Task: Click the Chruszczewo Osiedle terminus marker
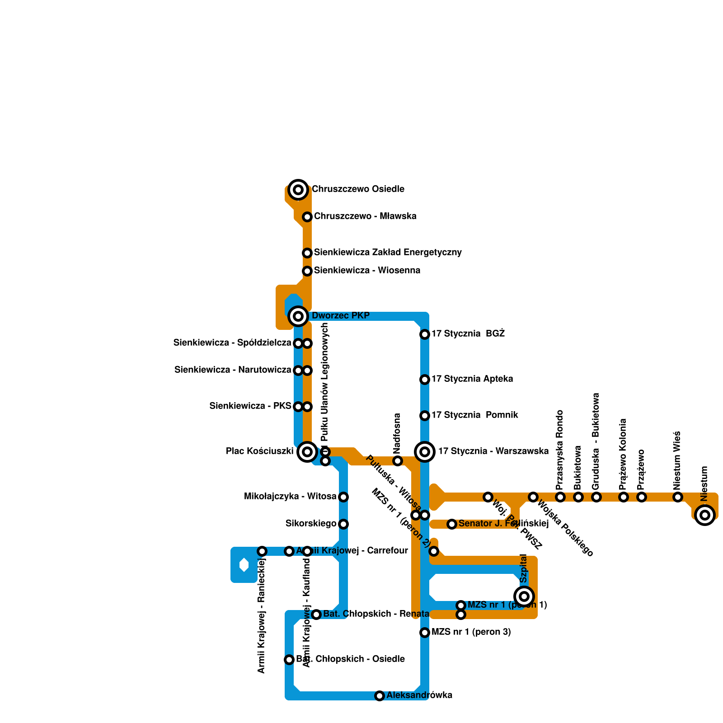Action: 298,190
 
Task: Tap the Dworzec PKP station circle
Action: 298,316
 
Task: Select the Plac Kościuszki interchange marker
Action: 307,452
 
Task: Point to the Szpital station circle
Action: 524,596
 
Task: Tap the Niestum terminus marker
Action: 705,515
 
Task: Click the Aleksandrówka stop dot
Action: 380,696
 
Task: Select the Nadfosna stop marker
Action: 398,461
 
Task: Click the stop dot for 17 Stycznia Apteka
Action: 425,380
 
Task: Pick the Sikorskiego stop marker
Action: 343,524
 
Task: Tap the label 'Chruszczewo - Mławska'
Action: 365,216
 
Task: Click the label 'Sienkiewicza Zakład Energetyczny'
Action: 388,253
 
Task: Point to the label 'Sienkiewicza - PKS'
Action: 250,406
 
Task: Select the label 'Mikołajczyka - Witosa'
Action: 290,497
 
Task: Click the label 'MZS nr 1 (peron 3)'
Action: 471,632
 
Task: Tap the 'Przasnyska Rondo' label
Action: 560,450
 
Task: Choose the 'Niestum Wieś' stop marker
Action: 678,497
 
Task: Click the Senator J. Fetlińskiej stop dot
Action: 452,524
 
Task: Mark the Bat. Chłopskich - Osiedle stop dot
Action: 289,660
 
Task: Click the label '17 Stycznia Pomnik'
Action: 474,415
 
